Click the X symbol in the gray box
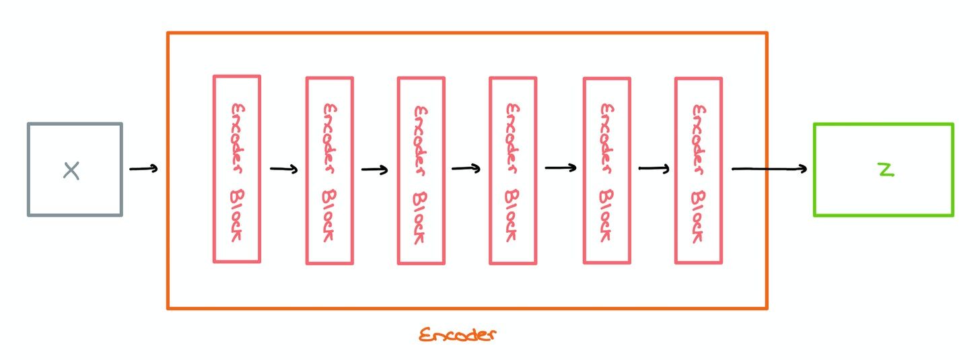pyautogui.click(x=71, y=171)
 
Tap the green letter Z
pyautogui.click(x=886, y=170)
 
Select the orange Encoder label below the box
pyautogui.click(x=457, y=334)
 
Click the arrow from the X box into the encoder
pyautogui.click(x=143, y=169)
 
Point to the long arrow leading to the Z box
pyautogui.click(x=769, y=169)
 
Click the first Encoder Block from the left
pyautogui.click(x=237, y=169)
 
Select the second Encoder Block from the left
pyautogui.click(x=330, y=170)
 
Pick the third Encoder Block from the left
pyautogui.click(x=421, y=170)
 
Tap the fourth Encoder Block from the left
pyautogui.click(x=513, y=170)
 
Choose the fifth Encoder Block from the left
pyautogui.click(x=606, y=170)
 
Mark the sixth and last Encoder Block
pyautogui.click(x=699, y=170)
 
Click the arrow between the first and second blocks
pyautogui.click(x=283, y=169)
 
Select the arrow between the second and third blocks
pyautogui.click(x=375, y=169)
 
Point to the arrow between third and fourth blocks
pyautogui.click(x=466, y=168)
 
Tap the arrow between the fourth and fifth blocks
pyautogui.click(x=560, y=168)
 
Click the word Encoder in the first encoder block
pyautogui.click(x=237, y=131)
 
